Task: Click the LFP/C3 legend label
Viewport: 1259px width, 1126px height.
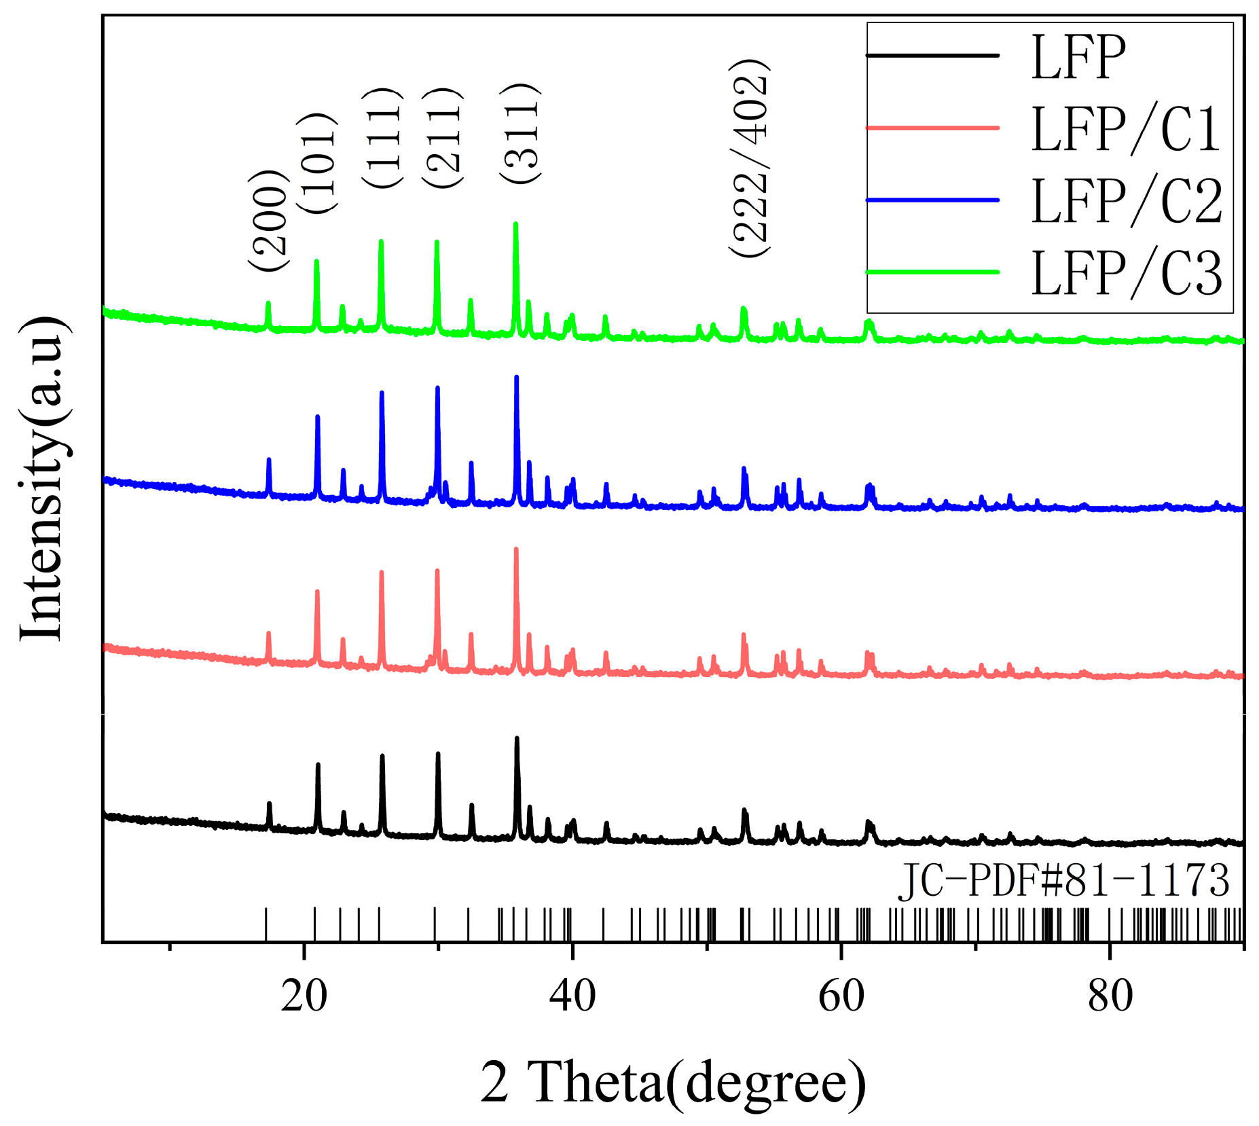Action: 1126,273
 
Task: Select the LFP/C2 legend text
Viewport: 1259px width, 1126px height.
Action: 1126,201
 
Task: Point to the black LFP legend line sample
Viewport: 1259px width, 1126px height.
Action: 932,55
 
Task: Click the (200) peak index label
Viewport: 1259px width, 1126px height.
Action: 269,221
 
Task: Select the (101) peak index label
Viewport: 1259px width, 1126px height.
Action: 316,164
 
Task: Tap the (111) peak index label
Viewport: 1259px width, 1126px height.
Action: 382,138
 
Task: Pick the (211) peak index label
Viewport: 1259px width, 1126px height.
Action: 441,138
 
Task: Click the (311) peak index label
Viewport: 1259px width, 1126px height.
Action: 520,132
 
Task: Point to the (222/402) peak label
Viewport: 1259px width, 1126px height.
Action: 750,158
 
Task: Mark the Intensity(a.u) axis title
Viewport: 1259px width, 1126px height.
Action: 42,478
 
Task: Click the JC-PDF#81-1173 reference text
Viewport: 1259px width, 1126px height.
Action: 1064,881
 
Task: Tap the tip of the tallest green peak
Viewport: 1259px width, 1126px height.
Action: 515,223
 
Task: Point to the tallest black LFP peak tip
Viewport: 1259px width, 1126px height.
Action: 517,738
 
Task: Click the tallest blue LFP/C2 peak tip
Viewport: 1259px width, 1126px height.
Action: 516,377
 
